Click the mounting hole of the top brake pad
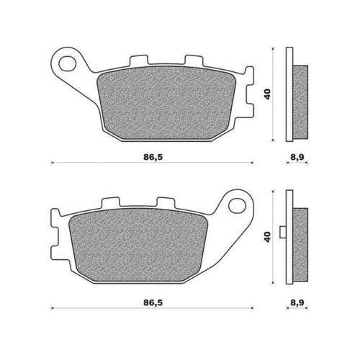pos(69,62)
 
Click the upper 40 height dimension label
pos(267,94)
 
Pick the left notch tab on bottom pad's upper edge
pos(110,205)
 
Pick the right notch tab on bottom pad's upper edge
pos(165,205)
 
